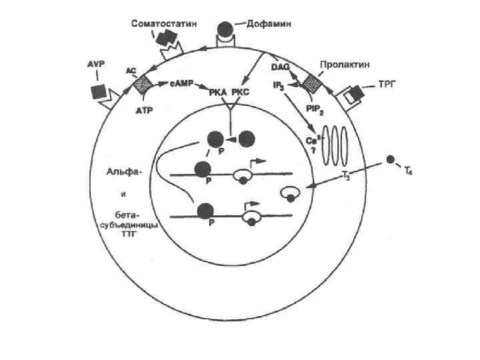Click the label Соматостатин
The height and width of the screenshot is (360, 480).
pyautogui.click(x=163, y=24)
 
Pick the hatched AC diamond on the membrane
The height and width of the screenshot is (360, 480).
pyautogui.click(x=141, y=84)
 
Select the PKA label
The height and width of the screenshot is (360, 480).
pyautogui.click(x=221, y=92)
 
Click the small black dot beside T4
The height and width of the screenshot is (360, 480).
pyautogui.click(x=391, y=160)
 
